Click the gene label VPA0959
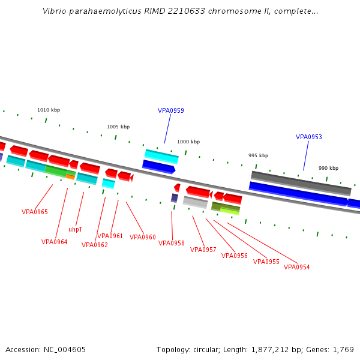[170, 110]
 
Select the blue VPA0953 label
[308, 137]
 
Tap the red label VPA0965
[35, 212]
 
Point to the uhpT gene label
[76, 229]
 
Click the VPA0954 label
[296, 267]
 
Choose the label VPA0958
[172, 243]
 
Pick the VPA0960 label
[143, 237]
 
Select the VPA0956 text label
[234, 256]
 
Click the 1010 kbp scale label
[49, 110]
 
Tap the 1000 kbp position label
[188, 142]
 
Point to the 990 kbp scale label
[328, 168]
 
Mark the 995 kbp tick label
[258, 155]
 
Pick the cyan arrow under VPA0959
[161, 156]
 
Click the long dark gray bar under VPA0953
[301, 182]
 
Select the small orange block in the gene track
[70, 176]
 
